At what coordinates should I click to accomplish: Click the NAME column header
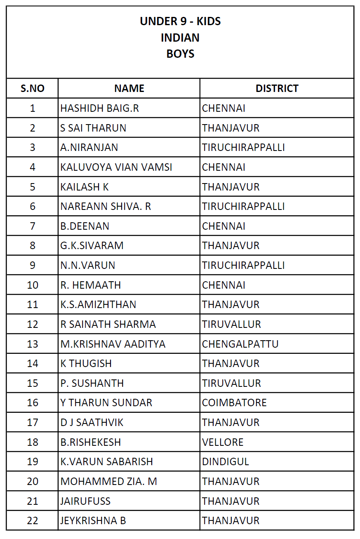[x=129, y=88]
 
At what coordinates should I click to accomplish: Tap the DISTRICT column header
[x=277, y=88]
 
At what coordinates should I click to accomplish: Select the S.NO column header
[x=33, y=88]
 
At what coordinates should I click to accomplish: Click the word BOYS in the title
[x=180, y=54]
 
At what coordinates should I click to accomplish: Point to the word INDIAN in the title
[x=180, y=38]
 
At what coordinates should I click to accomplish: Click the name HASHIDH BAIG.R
[x=99, y=108]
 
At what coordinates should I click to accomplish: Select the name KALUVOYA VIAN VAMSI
[x=116, y=167]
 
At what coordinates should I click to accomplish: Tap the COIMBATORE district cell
[x=234, y=402]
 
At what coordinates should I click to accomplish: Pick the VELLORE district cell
[x=223, y=442]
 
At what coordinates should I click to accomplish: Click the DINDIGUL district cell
[x=226, y=461]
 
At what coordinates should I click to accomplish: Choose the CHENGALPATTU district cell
[x=240, y=344]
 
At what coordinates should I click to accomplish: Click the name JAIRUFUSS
[x=85, y=501]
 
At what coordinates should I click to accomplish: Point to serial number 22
[x=33, y=520]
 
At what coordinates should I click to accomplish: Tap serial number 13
[x=33, y=344]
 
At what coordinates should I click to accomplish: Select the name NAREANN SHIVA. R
[x=106, y=206]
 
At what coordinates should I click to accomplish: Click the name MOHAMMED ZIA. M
[x=108, y=481]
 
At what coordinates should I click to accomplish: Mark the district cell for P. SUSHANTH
[x=231, y=383]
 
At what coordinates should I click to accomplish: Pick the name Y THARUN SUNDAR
[x=106, y=402]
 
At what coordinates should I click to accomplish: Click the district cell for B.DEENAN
[x=224, y=226]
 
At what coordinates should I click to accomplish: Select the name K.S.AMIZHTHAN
[x=98, y=304]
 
